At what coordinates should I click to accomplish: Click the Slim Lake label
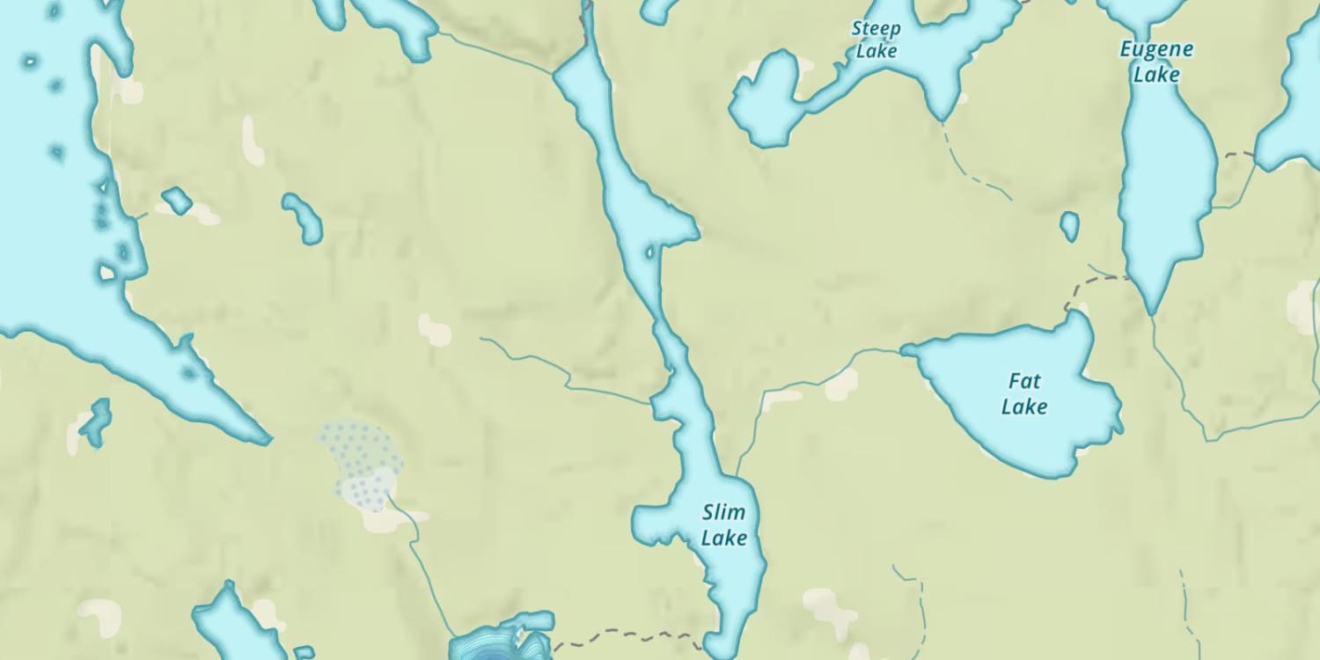click(724, 524)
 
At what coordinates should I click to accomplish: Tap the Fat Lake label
click(1024, 394)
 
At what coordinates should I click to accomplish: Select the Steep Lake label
click(876, 40)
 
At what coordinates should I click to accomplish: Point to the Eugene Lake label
click(1156, 62)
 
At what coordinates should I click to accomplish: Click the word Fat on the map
click(1025, 382)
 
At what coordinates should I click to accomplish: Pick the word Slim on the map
click(724, 512)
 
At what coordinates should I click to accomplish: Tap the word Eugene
click(1156, 49)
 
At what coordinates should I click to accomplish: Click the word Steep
click(876, 29)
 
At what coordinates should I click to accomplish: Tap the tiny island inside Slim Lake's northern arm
click(650, 253)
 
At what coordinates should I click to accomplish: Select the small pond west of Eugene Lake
click(1069, 225)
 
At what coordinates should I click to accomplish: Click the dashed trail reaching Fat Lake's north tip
click(1091, 282)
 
